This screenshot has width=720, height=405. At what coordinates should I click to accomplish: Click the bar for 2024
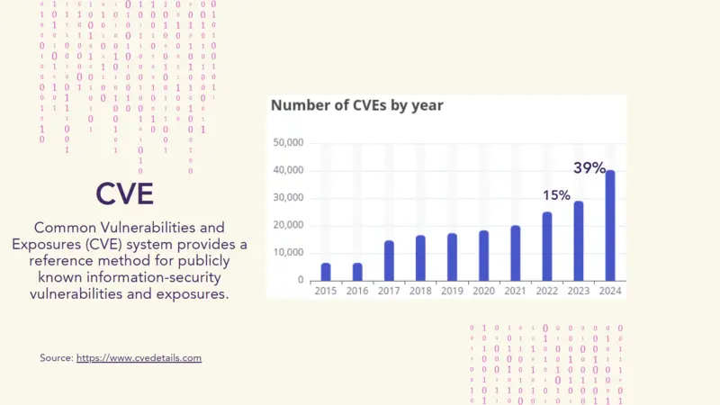(x=609, y=225)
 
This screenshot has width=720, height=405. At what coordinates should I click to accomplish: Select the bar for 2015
(x=326, y=271)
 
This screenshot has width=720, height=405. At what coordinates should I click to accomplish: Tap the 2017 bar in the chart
(x=389, y=260)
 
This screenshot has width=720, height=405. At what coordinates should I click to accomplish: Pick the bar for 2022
(x=546, y=246)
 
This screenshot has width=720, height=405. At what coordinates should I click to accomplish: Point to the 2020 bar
(x=483, y=256)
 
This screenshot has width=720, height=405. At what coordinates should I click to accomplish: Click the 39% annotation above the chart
(x=589, y=168)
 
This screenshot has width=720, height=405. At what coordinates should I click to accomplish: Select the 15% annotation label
(x=556, y=195)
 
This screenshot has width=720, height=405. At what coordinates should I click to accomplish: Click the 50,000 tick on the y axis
(x=287, y=142)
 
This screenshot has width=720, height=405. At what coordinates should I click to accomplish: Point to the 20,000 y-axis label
(x=287, y=225)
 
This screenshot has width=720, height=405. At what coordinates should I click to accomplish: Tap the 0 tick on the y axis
(x=301, y=280)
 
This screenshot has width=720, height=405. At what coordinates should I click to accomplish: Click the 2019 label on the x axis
(x=452, y=291)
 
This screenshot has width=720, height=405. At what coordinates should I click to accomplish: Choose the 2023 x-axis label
(x=578, y=291)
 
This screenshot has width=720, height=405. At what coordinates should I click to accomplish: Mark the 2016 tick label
(x=357, y=291)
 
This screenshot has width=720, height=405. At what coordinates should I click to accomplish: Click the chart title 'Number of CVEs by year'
(x=357, y=105)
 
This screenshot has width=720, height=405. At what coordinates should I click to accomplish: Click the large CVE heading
(x=124, y=193)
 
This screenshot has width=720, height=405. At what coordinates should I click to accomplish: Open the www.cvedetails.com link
(x=139, y=358)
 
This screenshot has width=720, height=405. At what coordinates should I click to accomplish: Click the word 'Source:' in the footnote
(x=56, y=358)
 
